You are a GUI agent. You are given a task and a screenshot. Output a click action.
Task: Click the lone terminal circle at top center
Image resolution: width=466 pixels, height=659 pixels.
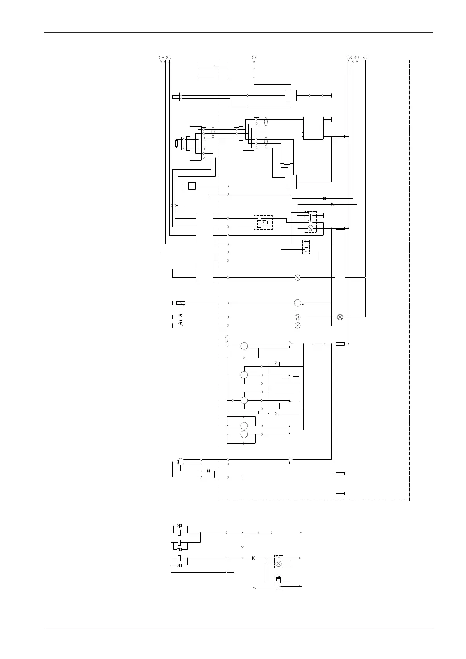click(x=254, y=58)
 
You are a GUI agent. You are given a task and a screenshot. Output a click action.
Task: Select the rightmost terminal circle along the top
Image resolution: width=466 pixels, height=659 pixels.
click(x=365, y=58)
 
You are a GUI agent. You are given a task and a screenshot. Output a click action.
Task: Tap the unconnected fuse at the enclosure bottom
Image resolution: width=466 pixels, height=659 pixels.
click(x=340, y=493)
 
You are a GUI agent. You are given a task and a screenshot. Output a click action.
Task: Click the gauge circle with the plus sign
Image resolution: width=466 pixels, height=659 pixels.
click(x=298, y=303)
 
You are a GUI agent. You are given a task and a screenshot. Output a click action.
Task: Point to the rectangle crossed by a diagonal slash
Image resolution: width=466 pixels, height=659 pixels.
click(x=180, y=303)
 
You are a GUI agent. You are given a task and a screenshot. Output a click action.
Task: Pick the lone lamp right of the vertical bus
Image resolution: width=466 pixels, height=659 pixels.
click(x=340, y=317)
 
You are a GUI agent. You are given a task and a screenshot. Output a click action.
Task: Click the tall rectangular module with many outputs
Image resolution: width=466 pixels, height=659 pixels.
click(x=204, y=248)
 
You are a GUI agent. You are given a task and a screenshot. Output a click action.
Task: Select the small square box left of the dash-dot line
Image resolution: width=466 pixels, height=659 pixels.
click(x=192, y=186)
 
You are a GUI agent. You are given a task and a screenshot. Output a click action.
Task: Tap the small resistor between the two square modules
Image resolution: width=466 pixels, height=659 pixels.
click(x=287, y=163)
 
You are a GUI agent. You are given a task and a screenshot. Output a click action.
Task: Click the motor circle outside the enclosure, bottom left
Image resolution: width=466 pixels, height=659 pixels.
click(x=180, y=461)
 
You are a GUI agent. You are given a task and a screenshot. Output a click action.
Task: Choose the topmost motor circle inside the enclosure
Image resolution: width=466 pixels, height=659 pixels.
click(x=244, y=346)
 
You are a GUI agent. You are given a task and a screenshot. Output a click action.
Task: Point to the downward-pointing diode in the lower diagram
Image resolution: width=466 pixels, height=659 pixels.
click(x=243, y=547)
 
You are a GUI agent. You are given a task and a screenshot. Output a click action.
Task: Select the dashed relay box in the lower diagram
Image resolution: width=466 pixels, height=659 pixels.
click(x=279, y=582)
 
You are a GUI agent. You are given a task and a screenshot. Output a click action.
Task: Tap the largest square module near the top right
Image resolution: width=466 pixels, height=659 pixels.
click(x=313, y=128)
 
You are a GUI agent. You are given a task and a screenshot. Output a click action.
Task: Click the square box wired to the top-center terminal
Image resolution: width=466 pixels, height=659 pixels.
click(x=290, y=95)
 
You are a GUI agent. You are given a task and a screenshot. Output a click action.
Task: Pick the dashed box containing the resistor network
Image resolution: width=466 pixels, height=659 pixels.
click(x=263, y=222)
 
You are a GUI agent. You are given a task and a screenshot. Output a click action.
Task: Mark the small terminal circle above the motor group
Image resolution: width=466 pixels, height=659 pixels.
click(x=227, y=337)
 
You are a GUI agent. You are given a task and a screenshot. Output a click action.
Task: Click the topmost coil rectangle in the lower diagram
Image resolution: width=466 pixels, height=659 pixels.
click(x=179, y=533)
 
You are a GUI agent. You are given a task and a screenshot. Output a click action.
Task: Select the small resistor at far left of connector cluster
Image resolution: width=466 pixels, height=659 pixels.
click(x=177, y=144)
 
